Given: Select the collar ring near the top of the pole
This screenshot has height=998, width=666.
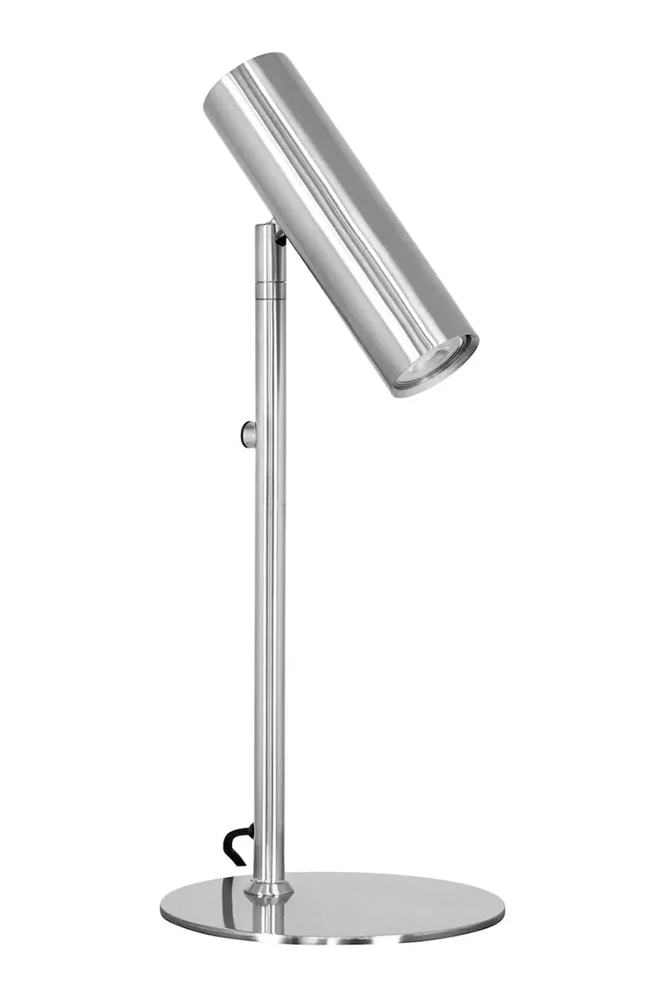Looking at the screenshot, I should pyautogui.click(x=270, y=286).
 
